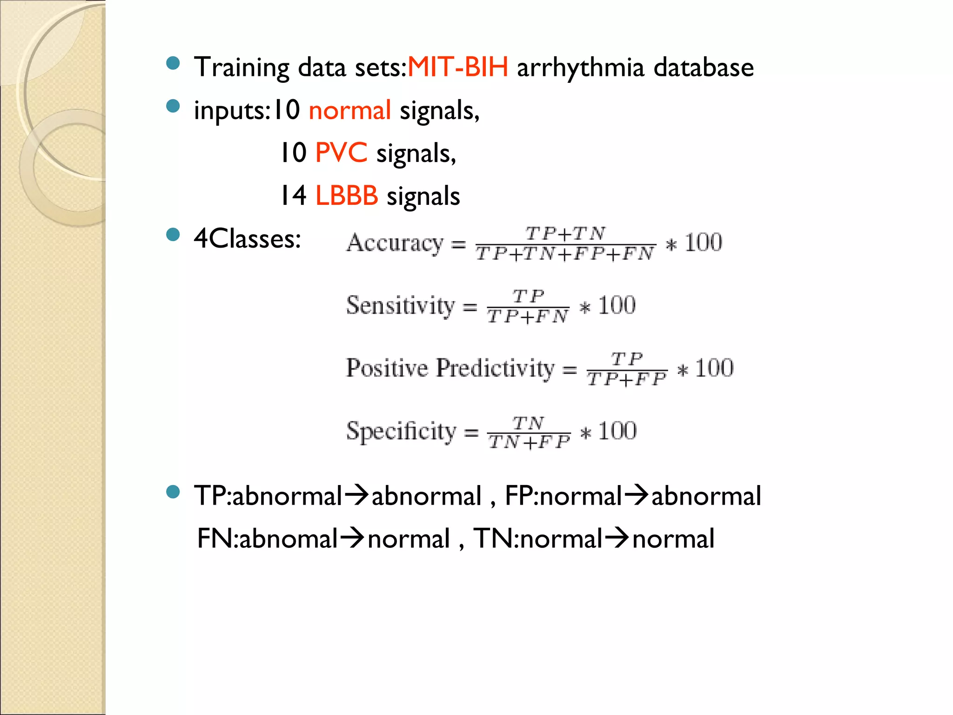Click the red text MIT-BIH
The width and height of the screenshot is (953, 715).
point(458,67)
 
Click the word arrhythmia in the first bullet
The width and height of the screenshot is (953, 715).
point(580,68)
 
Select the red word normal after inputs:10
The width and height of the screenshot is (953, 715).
point(349,111)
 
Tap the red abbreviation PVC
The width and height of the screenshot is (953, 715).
point(341,153)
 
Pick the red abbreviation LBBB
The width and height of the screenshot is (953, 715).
point(347,196)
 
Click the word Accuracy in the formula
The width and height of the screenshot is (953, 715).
point(395,243)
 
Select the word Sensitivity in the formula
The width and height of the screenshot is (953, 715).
point(400,306)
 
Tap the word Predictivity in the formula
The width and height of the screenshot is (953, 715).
point(495,368)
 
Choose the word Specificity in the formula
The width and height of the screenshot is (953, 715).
point(401,431)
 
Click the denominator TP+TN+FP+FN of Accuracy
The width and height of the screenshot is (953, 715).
point(565,254)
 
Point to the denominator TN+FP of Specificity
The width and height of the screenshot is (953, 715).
point(529,442)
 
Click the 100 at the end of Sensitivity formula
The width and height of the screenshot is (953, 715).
point(617,306)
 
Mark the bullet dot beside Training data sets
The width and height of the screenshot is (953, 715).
point(173,63)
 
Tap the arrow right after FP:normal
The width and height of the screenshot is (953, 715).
point(636,495)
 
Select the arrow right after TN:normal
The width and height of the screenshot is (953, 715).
point(617,538)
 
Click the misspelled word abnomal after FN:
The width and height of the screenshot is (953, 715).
point(288,539)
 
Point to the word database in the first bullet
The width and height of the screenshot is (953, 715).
point(704,67)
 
